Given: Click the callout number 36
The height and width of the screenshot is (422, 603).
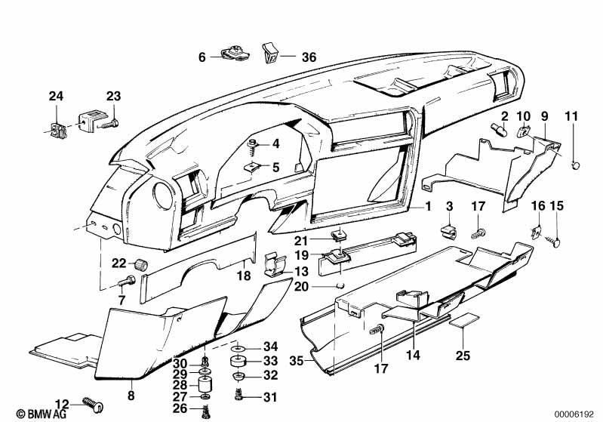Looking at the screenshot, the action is click(309, 57).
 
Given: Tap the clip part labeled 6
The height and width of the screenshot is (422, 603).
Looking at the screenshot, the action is click(235, 54).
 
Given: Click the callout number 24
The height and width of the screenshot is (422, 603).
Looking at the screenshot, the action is click(56, 96).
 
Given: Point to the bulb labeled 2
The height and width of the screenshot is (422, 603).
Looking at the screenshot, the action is click(500, 129).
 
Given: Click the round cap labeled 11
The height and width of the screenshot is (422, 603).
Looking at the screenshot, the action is click(575, 165).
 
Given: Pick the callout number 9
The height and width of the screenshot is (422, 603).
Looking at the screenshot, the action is click(544, 116).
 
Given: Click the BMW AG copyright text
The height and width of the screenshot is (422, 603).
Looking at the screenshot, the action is click(42, 414).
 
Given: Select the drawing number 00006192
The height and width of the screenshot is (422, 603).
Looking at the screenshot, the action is click(574, 414).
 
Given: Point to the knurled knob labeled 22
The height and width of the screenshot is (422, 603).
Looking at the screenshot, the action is click(141, 265).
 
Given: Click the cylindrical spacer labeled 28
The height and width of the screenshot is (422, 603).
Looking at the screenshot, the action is click(205, 385).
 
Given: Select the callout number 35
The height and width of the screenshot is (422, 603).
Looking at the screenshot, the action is click(297, 361).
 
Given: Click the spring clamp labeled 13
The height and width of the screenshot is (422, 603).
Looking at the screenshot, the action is click(275, 265).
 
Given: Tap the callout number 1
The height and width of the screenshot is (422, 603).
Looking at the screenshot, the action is click(428, 206).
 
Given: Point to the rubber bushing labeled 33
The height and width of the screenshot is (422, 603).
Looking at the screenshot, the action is click(238, 362).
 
